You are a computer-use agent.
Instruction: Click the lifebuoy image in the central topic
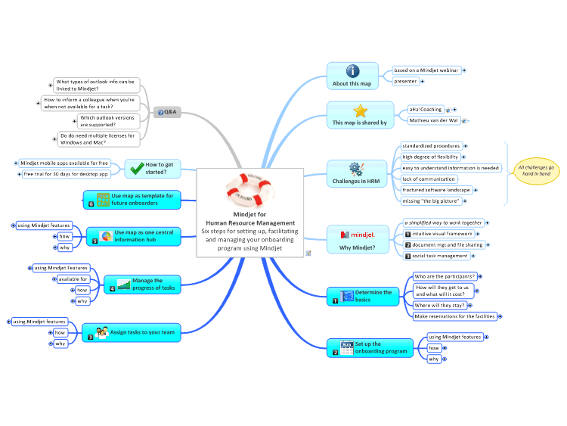[249, 190]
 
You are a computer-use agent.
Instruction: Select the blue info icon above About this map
[352, 71]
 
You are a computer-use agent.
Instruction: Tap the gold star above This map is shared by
[360, 111]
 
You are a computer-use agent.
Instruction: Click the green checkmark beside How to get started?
[137, 168]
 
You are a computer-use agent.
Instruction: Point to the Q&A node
[167, 112]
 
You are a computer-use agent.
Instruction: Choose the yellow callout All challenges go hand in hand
[536, 171]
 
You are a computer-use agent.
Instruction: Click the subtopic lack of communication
[429, 179]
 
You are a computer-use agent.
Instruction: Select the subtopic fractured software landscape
[436, 190]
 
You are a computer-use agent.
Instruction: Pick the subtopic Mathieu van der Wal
[434, 120]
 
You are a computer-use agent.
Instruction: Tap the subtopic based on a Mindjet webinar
[426, 70]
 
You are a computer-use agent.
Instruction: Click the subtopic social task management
[437, 256]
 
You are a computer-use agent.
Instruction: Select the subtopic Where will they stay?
[440, 306]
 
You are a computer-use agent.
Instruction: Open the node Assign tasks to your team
[132, 333]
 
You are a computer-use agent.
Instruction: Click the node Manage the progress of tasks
[142, 285]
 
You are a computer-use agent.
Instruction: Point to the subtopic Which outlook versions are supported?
[108, 121]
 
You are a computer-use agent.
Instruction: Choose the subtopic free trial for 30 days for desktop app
[67, 174]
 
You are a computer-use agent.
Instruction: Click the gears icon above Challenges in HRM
[356, 169]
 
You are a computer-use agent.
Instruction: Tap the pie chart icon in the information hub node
[107, 236]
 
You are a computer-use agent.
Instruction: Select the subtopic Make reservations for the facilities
[455, 316]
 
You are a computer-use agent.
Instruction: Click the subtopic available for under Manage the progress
[73, 279]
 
